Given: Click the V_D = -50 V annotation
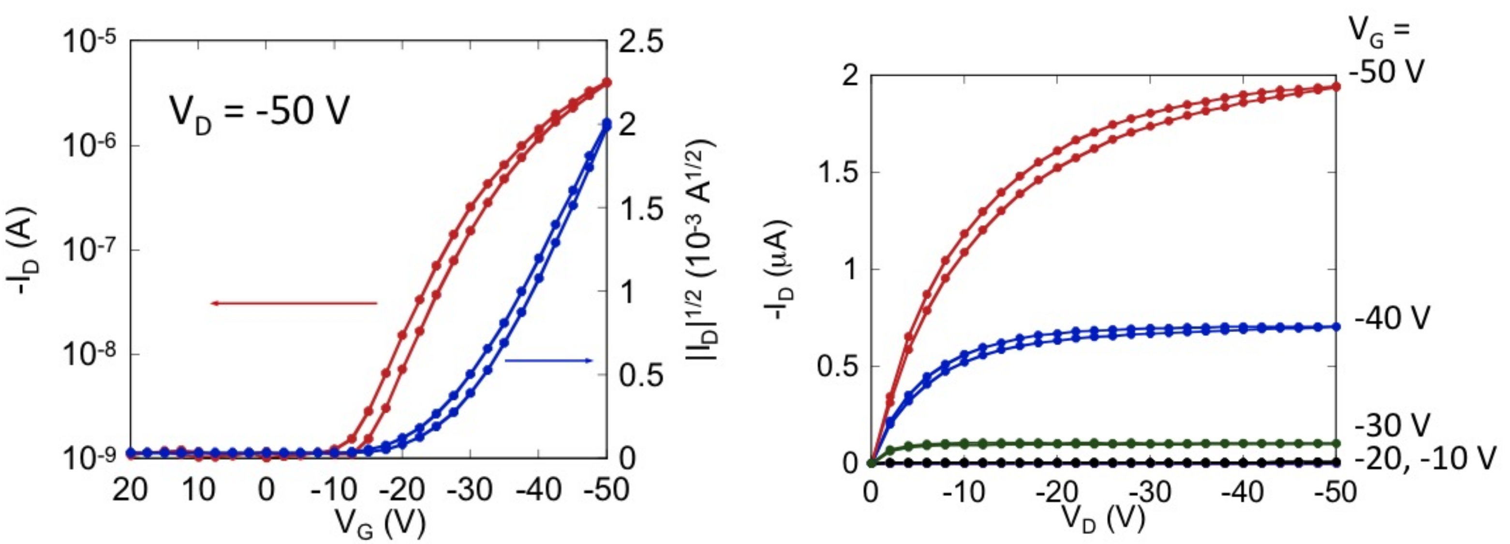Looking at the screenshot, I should [260, 113].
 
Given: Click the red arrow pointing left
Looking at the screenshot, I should [293, 303].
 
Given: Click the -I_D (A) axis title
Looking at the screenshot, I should [23, 251].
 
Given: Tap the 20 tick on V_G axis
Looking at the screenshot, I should [130, 489].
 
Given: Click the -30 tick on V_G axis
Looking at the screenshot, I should [469, 489].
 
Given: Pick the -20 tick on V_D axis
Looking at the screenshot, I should [1057, 492].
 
